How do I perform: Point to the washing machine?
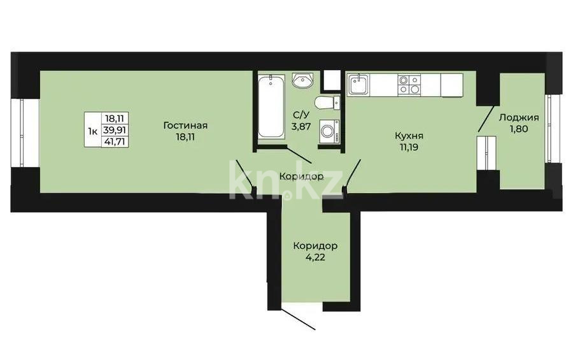330,131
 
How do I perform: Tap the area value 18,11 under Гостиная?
185,136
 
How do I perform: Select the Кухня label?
409,135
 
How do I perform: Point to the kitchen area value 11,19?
409,147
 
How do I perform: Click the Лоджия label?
519,117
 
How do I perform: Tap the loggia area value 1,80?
519,128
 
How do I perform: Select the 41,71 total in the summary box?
115,140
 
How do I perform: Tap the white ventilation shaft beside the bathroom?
331,80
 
